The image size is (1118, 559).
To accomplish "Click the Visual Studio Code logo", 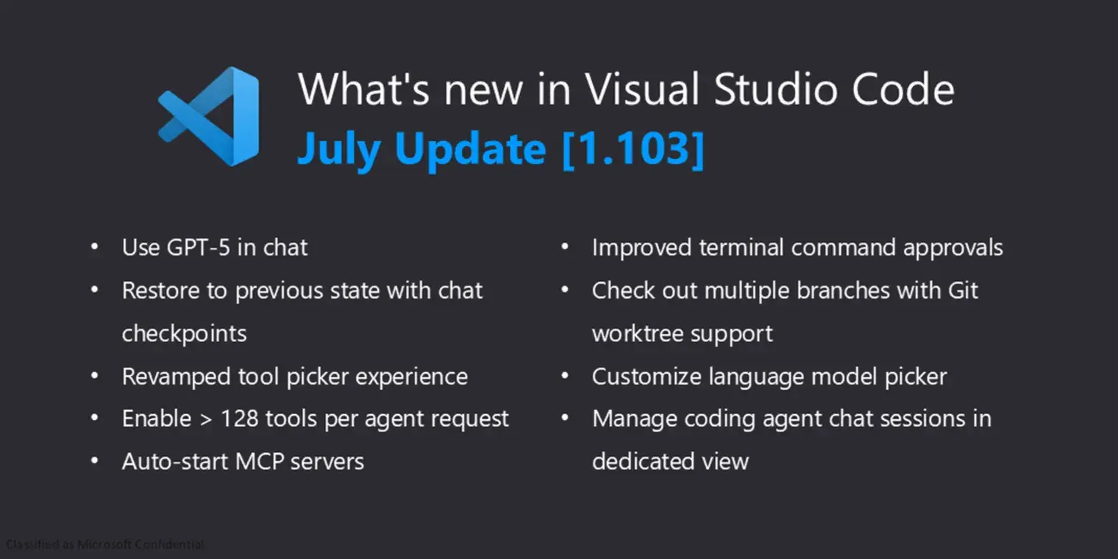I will point(210,116).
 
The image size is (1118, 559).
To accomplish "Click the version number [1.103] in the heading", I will point(633,149).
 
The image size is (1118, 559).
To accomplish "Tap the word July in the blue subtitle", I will point(338,149).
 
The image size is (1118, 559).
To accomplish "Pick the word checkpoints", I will point(184,334).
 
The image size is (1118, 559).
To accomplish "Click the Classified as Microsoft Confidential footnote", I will point(104,545).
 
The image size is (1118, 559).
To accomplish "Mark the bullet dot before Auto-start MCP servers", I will point(95,461).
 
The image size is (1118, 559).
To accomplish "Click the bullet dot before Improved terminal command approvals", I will point(565,247).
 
